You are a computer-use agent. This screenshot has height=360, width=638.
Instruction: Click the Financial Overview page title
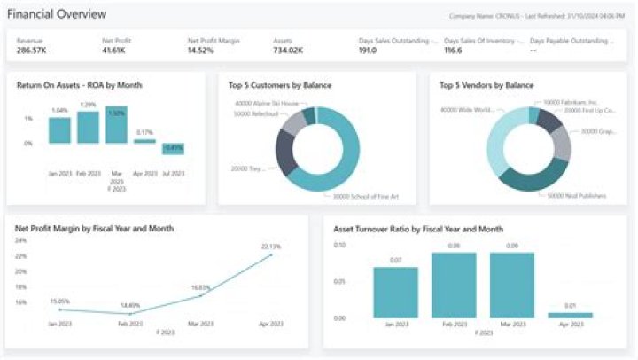point(58,14)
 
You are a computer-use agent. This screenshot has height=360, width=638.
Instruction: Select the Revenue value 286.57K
point(33,51)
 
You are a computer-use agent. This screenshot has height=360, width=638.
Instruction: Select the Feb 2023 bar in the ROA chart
point(88,127)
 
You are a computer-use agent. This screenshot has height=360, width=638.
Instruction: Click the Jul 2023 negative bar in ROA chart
point(174,148)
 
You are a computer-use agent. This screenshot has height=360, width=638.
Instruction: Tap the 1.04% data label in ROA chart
point(59,111)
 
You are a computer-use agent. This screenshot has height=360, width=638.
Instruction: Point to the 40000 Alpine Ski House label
point(261,104)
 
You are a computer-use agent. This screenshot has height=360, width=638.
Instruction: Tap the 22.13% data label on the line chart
point(270,246)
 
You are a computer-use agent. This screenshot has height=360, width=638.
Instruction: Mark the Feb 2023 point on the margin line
point(130,313)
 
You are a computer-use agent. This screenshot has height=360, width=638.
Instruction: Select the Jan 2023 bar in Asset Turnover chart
point(395,293)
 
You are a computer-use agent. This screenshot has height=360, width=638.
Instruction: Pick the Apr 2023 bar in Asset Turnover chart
point(570,315)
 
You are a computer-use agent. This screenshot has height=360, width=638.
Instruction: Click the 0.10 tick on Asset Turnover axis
point(339,245)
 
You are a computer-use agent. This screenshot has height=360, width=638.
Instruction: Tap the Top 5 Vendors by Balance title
point(486,85)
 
